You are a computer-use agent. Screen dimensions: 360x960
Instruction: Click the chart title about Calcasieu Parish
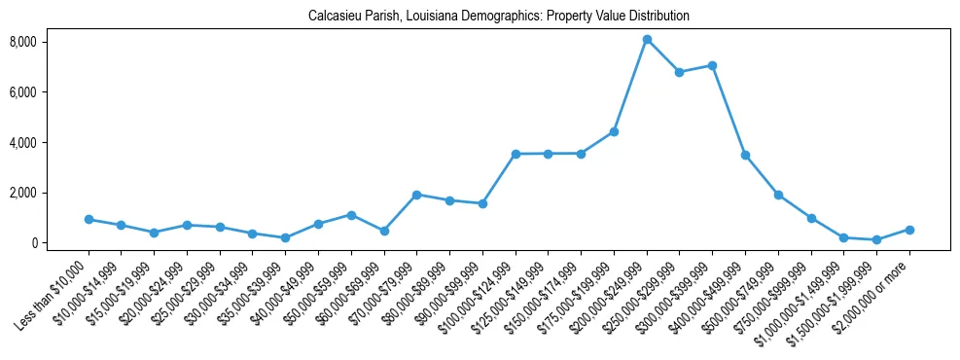(498, 16)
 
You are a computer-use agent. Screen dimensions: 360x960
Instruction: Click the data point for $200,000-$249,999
(647, 39)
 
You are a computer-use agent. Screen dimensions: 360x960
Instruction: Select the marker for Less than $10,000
(89, 220)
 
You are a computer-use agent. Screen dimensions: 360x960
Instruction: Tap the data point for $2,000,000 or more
(909, 230)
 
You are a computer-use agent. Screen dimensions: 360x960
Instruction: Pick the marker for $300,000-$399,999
(712, 65)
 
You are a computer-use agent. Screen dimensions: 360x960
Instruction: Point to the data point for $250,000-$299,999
(679, 72)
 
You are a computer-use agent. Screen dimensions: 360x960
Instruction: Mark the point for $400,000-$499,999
(745, 155)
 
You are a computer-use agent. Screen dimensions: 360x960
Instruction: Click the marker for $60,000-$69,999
(384, 231)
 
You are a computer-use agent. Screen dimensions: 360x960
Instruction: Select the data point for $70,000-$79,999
(416, 195)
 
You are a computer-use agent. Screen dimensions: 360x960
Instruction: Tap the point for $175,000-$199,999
(614, 131)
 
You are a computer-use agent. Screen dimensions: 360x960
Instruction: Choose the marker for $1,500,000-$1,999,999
(876, 239)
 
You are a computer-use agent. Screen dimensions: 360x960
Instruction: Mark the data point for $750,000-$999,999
(811, 218)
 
